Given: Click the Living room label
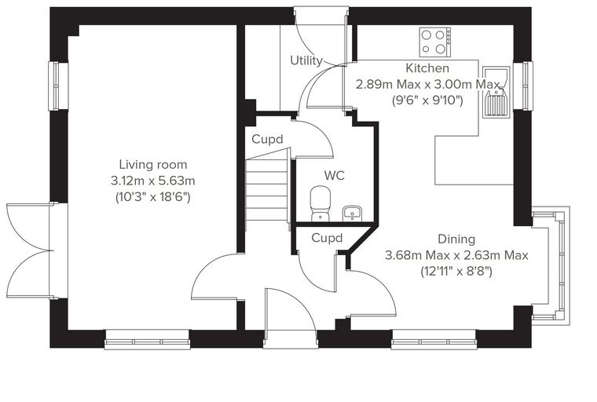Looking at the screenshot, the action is pos(153,165).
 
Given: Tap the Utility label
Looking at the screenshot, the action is pos(306,60).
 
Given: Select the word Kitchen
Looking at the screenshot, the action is pos(427,68).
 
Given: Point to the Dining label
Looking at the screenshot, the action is pos(456,239).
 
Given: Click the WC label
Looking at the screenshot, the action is pos(335,176).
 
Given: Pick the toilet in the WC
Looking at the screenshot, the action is pos(320,203).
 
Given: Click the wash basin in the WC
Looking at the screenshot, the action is pos(353,214).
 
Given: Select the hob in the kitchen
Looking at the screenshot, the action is pos(435,42).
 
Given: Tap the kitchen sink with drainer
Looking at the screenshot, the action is pos(496,92).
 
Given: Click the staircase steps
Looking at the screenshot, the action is pos(266,190).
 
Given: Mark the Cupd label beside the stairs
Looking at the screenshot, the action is pos(267,139).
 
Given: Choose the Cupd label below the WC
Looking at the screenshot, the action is pos(327,238).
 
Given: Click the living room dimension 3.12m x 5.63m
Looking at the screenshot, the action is pos(153,181).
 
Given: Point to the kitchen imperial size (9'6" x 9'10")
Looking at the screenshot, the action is pos(427,100).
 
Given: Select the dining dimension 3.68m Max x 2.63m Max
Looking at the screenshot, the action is pos(456,255).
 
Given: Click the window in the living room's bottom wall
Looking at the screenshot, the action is pos(147,339).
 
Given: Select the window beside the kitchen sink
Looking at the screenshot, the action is pos(522,86).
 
